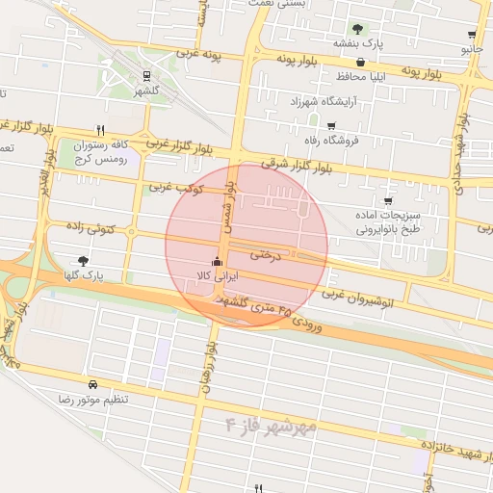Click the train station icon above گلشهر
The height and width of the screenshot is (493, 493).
[146, 75]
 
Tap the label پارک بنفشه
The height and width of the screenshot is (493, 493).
[359, 43]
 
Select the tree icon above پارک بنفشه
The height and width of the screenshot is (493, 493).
[358, 29]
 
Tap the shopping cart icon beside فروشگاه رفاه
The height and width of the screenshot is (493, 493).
[332, 126]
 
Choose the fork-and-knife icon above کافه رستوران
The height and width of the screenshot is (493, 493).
[100, 129]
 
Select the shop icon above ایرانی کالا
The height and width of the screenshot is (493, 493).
[217, 262]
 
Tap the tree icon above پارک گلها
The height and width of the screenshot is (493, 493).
[84, 261]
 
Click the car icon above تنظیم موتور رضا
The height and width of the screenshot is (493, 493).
[91, 384]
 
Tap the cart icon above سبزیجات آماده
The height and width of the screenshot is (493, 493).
[387, 201]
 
